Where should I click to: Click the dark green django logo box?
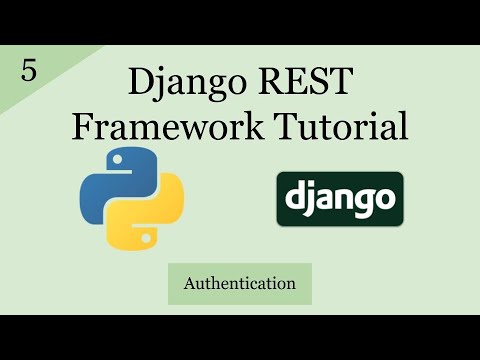click(x=340, y=198)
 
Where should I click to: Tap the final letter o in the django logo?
click(x=384, y=199)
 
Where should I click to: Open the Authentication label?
click(x=239, y=283)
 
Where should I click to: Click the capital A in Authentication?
click(x=189, y=283)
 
